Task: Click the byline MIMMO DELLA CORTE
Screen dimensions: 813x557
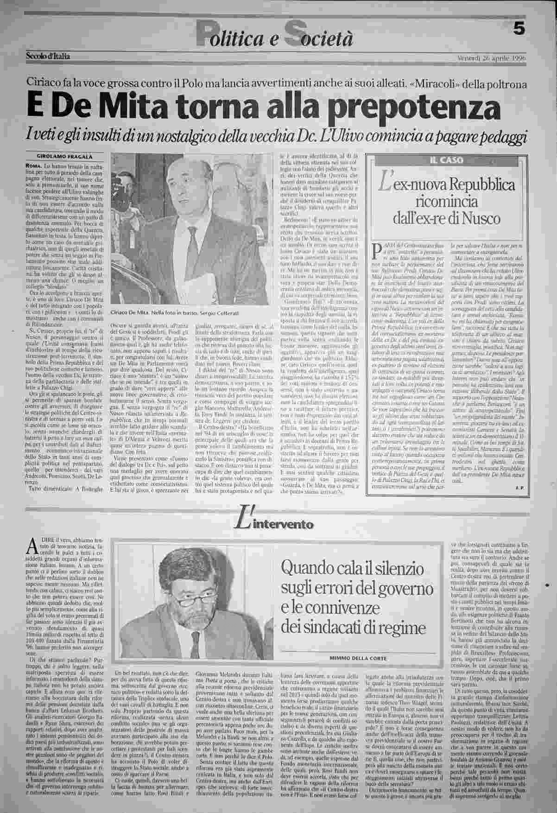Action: [358, 658]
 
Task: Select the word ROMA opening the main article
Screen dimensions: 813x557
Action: [32, 165]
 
